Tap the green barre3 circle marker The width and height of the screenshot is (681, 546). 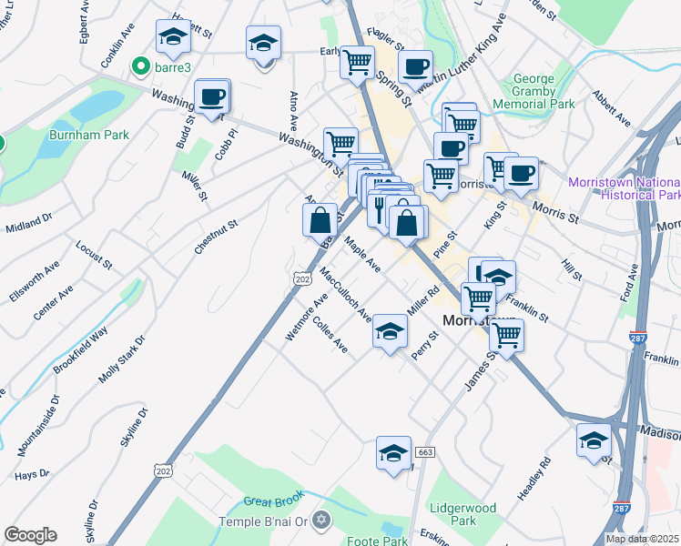point(140,66)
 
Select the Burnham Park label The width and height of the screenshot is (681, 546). point(89,135)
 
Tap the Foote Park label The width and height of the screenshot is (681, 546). point(377,541)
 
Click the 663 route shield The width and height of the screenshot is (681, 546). point(424,451)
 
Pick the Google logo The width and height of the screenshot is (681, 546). point(30,535)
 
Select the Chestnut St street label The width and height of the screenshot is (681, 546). point(215,236)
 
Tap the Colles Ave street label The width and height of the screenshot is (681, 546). point(330,335)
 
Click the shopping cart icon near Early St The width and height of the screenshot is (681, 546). point(358,62)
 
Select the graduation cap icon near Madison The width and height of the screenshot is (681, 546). point(594,442)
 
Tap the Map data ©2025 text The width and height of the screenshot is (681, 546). point(641,539)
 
